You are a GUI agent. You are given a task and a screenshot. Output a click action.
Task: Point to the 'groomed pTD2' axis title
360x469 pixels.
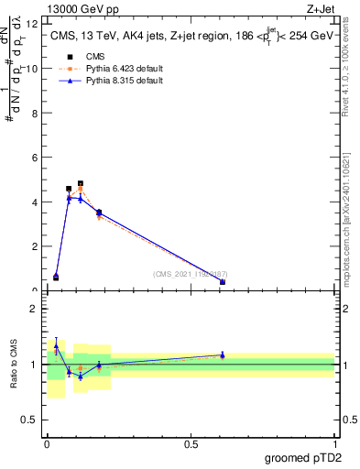pos(304,458)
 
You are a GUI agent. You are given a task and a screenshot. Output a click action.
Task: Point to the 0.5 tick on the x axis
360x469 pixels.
pos(191,442)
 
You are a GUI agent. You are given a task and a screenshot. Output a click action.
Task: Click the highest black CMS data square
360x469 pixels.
pos(81,183)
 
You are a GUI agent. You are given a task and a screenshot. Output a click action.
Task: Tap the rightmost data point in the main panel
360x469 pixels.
pos(223,282)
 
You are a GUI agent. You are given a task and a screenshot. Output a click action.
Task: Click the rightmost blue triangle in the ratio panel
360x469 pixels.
pos(223,354)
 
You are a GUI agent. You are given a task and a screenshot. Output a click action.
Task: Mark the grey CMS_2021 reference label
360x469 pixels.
pos(191,274)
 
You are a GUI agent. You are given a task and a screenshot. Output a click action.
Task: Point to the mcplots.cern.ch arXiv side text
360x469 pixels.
pos(345,211)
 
